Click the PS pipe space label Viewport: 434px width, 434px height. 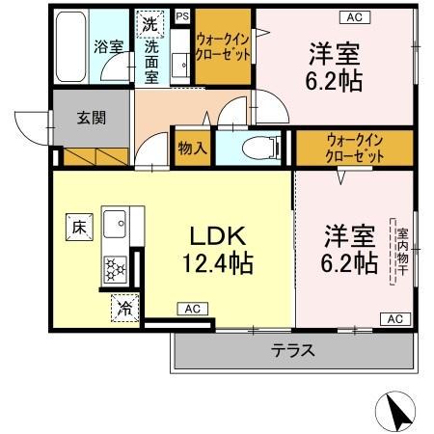click(x=181, y=15)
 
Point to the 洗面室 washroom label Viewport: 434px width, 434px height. click(x=152, y=62)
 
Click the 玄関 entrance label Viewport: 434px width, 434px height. click(x=92, y=120)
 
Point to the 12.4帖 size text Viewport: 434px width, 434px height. click(x=217, y=261)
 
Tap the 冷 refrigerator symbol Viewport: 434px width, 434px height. click(x=125, y=308)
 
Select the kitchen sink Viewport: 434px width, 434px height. click(x=116, y=225)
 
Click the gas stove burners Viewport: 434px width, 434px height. click(x=116, y=266)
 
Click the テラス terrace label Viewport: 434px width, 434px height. click(x=292, y=350)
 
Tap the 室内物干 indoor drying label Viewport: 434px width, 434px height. click(x=399, y=252)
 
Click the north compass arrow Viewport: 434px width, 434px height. click(x=399, y=412)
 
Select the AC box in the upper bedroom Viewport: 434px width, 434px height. click(x=352, y=16)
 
